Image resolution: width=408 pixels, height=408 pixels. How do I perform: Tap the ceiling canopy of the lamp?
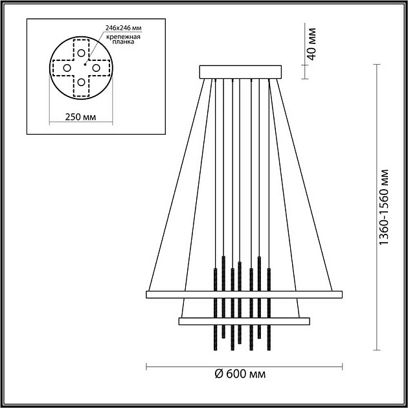tap(240, 71)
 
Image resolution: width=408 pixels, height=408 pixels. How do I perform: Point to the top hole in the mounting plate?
tap(80, 52)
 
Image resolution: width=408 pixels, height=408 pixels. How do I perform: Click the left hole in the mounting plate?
tap(66, 67)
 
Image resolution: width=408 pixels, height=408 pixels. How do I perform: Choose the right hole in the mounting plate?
tap(95, 67)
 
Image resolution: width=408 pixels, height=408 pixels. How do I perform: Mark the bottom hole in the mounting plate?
tap(80, 82)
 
